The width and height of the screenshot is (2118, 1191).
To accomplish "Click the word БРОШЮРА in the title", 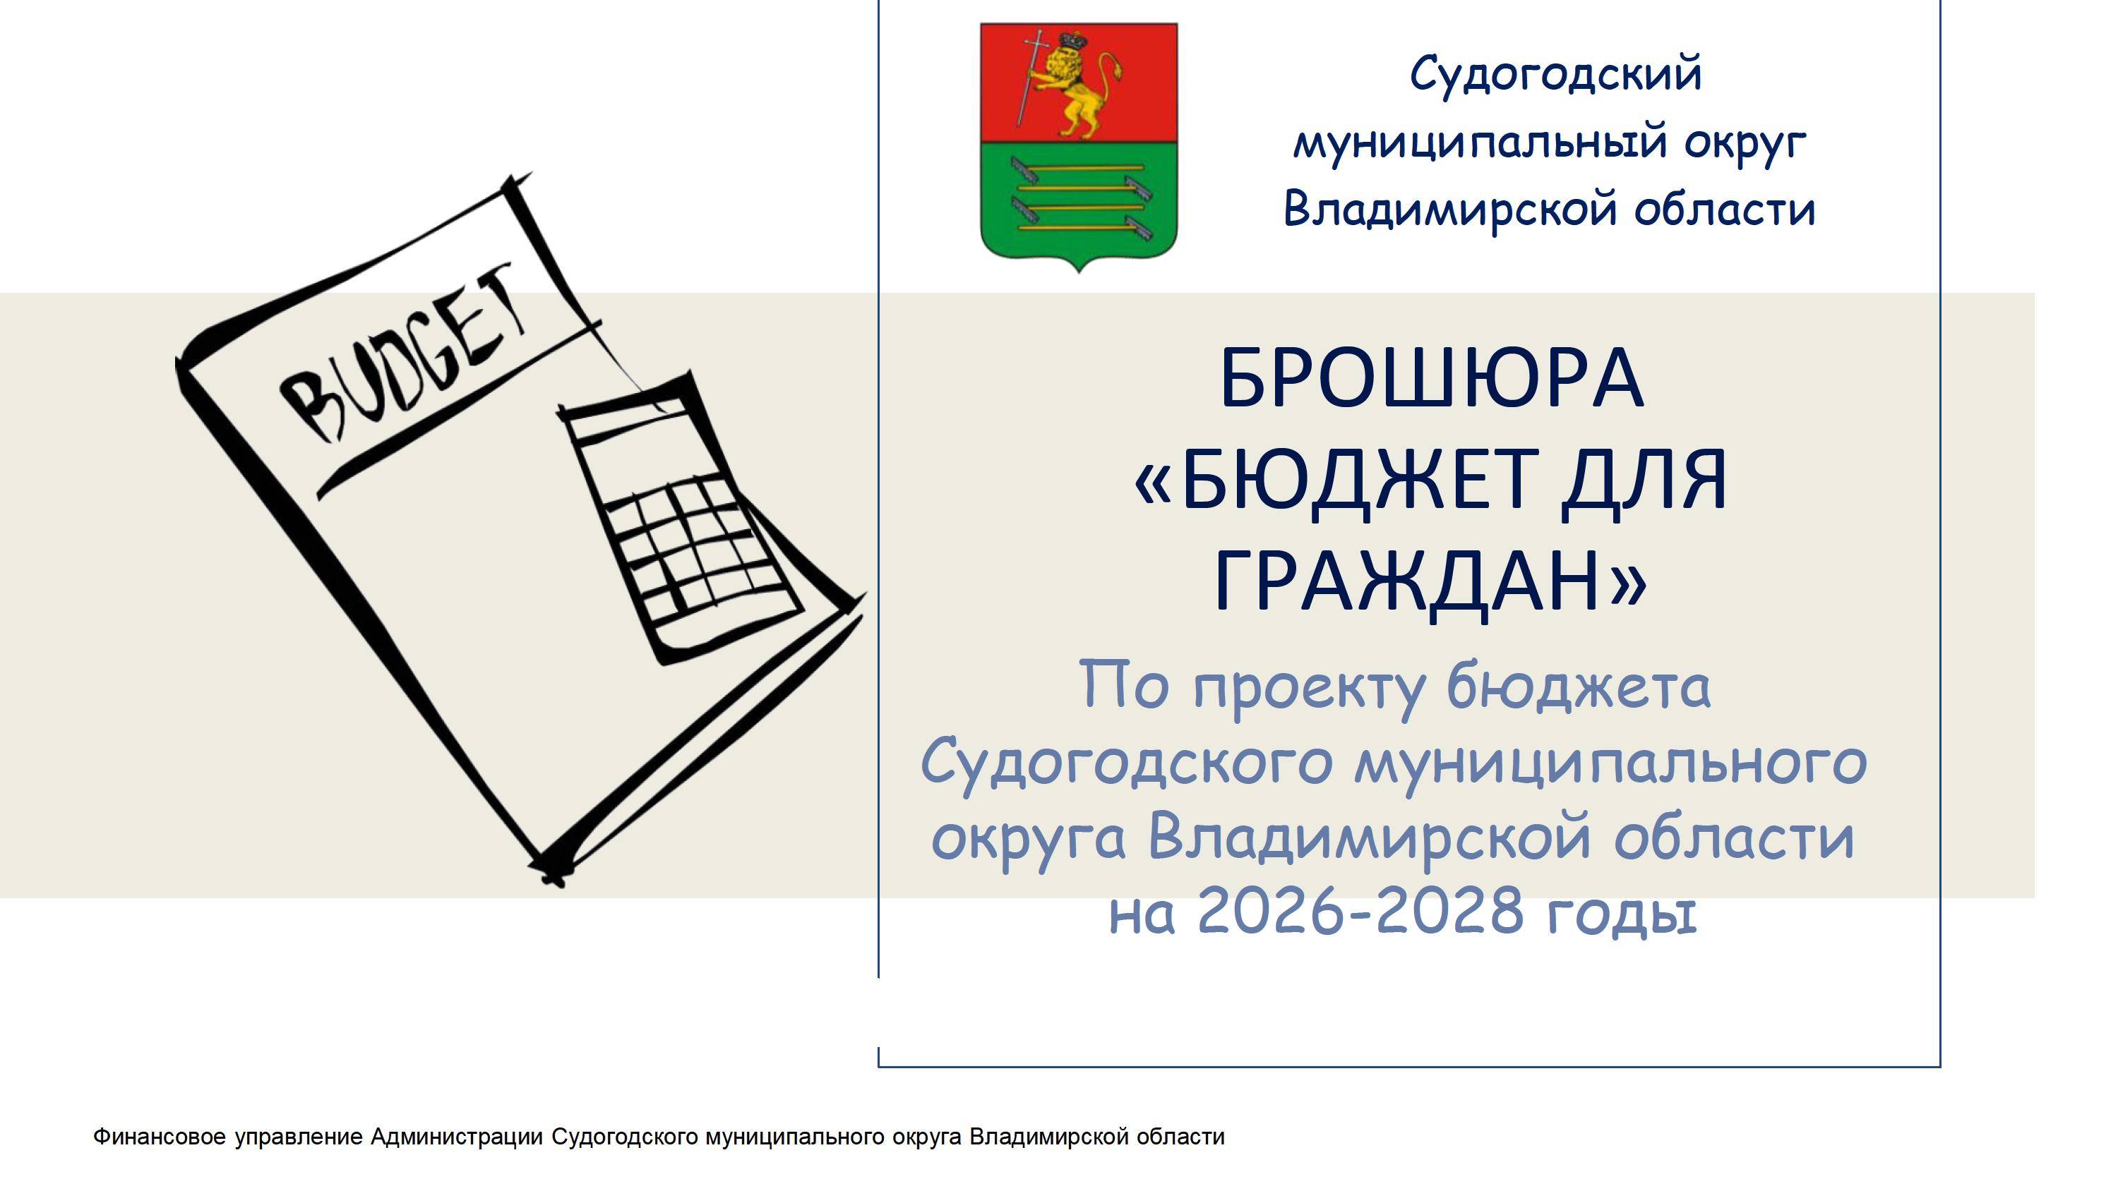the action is [1432, 380].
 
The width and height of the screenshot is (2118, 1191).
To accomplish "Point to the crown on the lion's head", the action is [1070, 39].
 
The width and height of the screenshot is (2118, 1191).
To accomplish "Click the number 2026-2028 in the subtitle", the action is [1360, 912].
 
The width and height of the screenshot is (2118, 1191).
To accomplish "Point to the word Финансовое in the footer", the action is [159, 1137].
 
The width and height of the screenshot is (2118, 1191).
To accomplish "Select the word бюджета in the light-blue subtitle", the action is [1579, 687].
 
